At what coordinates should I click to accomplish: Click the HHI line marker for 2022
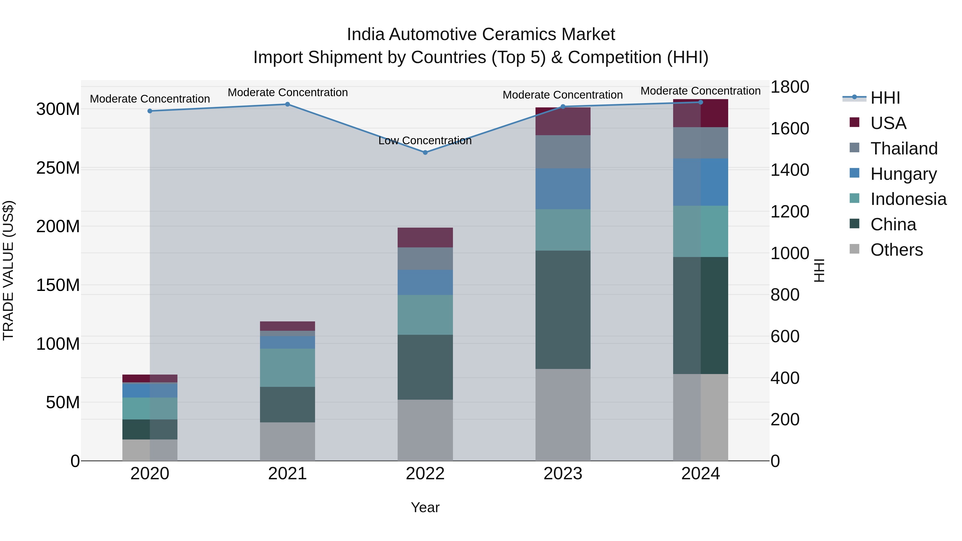pyautogui.click(x=425, y=152)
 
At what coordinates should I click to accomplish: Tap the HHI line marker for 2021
pyautogui.click(x=288, y=104)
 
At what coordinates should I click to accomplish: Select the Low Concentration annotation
pyautogui.click(x=425, y=141)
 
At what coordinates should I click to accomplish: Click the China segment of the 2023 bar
pyautogui.click(x=563, y=310)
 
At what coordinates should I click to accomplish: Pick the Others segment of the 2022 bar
pyautogui.click(x=425, y=430)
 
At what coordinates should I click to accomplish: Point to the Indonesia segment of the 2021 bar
pyautogui.click(x=288, y=368)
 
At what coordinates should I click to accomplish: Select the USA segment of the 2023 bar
pyautogui.click(x=563, y=121)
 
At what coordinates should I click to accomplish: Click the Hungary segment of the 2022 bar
pyautogui.click(x=425, y=282)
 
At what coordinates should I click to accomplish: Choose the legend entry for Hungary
pyautogui.click(x=903, y=174)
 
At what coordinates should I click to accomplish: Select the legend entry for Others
pyautogui.click(x=896, y=250)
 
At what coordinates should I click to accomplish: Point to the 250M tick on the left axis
pyautogui.click(x=58, y=168)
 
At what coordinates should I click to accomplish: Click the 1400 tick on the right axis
pyautogui.click(x=790, y=170)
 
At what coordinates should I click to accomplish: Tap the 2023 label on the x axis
pyautogui.click(x=563, y=474)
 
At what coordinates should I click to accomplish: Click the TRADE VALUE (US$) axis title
pyautogui.click(x=8, y=270)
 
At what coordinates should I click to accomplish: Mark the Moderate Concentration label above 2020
pyautogui.click(x=150, y=99)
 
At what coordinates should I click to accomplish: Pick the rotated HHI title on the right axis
pyautogui.click(x=819, y=270)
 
